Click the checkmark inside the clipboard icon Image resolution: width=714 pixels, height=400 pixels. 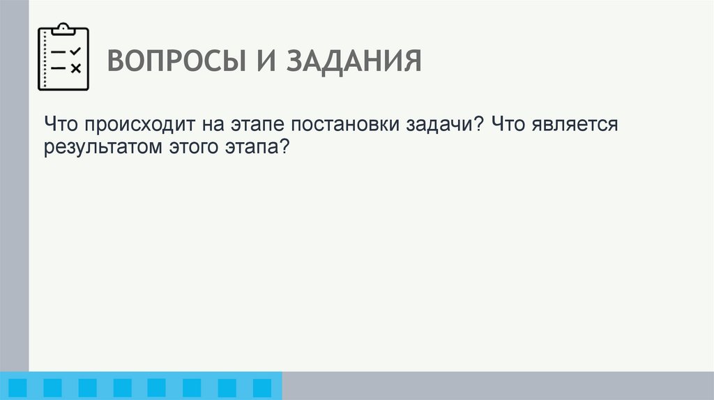76,52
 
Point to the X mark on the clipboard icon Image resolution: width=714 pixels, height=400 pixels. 76,68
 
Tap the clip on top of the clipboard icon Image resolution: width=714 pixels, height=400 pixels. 63,29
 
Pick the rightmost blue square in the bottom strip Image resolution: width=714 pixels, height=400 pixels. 261,387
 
